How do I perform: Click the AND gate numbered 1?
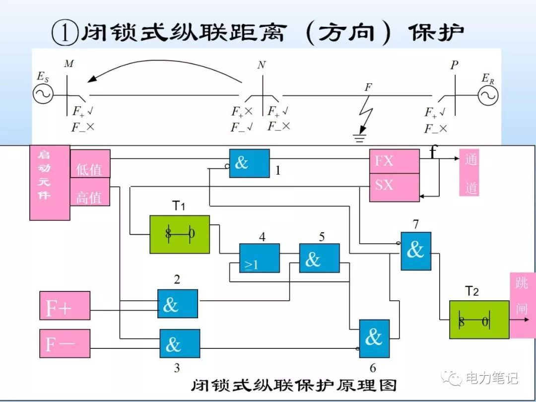point(249,163)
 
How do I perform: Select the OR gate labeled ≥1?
point(259,258)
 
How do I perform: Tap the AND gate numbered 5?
point(319,258)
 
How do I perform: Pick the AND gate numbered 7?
point(416,251)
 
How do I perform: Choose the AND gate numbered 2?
point(178,304)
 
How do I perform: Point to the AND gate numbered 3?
point(180,343)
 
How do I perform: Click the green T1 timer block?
point(180,234)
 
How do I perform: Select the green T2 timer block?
point(479,320)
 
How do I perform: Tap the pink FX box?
point(394,161)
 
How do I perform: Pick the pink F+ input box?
point(65,306)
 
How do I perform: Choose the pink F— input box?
point(65,343)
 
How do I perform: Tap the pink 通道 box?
point(469,172)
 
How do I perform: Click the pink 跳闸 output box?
point(522,305)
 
